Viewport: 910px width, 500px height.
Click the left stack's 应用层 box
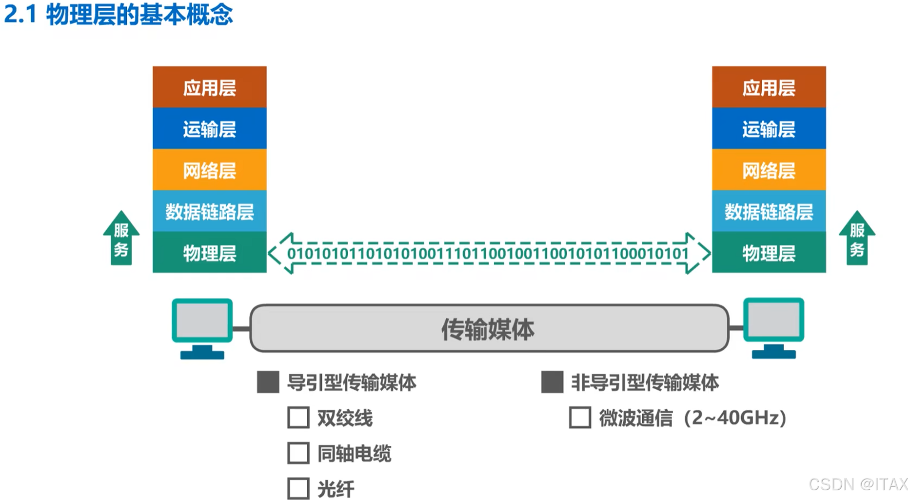click(209, 87)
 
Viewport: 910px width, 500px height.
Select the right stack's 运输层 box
click(769, 129)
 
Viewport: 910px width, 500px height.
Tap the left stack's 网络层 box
click(209, 170)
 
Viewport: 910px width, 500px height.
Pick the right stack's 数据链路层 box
click(769, 211)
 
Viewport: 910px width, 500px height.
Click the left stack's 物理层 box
click(209, 253)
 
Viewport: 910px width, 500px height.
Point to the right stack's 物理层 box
click(769, 253)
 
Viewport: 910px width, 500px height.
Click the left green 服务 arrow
click(121, 239)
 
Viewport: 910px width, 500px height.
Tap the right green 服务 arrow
click(857, 239)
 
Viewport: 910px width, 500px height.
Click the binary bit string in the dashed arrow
click(488, 254)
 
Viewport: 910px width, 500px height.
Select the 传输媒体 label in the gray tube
click(488, 329)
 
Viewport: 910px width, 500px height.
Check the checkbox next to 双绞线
click(298, 418)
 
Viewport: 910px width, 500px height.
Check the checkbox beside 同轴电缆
click(298, 453)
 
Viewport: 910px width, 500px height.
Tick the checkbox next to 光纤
click(298, 488)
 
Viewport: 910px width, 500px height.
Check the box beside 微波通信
click(580, 418)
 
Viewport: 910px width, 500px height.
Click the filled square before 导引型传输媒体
click(268, 382)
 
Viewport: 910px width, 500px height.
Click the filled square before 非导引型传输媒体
click(552, 382)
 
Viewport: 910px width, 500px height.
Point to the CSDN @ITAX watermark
click(858, 484)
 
